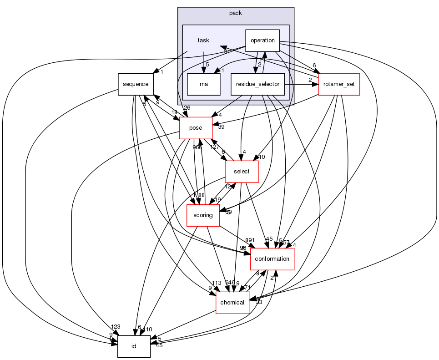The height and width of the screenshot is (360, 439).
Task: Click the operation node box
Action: pos(262,40)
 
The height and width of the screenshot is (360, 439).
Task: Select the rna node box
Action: pos(203,84)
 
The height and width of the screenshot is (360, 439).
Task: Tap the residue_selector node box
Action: pos(257,84)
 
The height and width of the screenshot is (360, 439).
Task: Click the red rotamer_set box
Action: pos(339,84)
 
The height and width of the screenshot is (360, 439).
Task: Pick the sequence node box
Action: pos(136,84)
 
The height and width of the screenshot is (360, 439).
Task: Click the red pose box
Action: pos(196,128)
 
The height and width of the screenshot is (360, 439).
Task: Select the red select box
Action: pos(242,172)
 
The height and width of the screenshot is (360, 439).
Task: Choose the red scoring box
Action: pos(203,215)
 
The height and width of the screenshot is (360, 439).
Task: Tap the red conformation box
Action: pos(272,259)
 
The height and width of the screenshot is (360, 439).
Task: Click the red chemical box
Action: pos(232,303)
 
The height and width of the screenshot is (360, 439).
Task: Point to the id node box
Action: pos(134,346)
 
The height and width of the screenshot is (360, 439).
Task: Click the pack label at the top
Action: pos(236,13)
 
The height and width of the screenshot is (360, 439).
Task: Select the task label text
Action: pos(203,41)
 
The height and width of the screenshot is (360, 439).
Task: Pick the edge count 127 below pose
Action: pos(215,147)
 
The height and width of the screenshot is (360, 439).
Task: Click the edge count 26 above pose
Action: pos(187,107)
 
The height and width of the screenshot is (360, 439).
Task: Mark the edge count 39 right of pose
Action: pos(221,127)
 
